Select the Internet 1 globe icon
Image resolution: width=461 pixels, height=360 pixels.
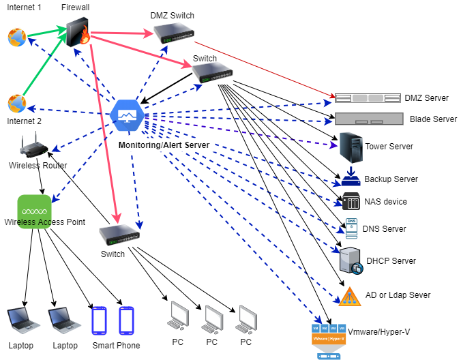coord(16,37)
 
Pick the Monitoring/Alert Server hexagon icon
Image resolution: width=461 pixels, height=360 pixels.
coord(126,113)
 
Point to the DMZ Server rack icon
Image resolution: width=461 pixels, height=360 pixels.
coord(365,98)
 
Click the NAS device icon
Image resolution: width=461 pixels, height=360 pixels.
coord(351,202)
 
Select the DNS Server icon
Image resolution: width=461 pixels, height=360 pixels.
coord(352,228)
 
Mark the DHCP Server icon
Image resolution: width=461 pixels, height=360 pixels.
coord(350,260)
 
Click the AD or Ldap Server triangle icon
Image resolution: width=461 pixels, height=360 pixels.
coord(348,295)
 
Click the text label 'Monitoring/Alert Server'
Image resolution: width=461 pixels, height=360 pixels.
coord(163,145)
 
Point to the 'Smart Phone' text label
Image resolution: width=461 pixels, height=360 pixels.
coord(116,346)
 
